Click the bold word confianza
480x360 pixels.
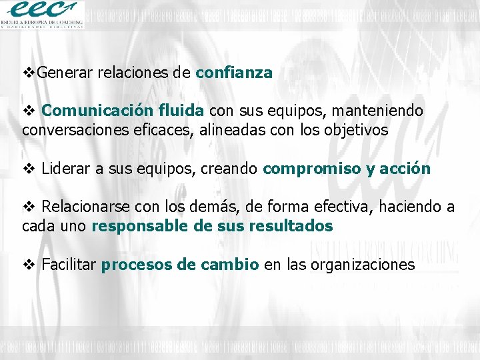click(234, 73)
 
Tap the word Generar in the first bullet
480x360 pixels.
click(65, 73)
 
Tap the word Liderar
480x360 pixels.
click(65, 169)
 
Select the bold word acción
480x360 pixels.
click(405, 169)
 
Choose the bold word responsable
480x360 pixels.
click(139, 226)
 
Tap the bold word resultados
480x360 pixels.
click(291, 226)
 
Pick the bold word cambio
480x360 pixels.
click(227, 265)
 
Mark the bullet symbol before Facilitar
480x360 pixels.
click(29, 265)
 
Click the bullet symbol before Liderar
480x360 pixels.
click(29, 169)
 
